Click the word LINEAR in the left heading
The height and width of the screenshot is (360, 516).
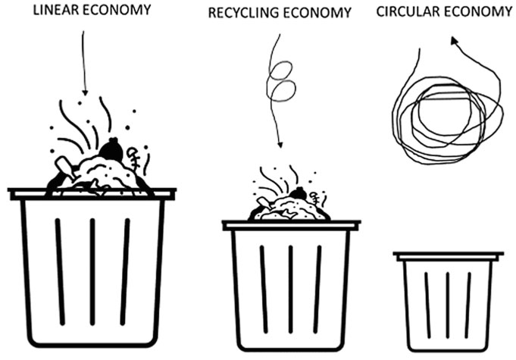pos(54,10)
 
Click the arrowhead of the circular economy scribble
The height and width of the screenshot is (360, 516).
pos(454,44)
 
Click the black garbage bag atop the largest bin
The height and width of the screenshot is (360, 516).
pos(111,151)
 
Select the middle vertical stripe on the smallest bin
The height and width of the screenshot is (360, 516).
pos(447,304)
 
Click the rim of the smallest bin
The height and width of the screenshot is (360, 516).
pos(449,256)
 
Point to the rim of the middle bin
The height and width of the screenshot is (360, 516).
pos(291,225)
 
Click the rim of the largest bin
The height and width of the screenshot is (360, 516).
pos(92,194)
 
